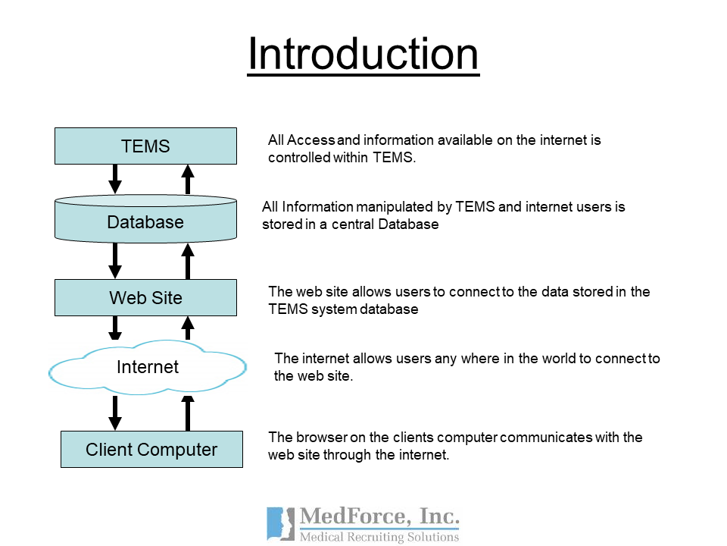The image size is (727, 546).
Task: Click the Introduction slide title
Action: [x=363, y=55]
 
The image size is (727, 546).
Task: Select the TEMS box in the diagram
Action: [x=145, y=146]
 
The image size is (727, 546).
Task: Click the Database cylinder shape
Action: [x=145, y=218]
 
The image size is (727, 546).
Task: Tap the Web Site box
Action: [x=145, y=297]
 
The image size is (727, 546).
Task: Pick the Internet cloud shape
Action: [x=148, y=367]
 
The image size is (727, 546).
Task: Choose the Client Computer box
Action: [x=151, y=449]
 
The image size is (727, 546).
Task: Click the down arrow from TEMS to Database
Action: [x=115, y=179]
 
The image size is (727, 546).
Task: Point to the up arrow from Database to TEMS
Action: [x=187, y=179]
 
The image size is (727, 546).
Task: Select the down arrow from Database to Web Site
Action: [x=115, y=260]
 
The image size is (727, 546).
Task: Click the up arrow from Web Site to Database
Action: [x=187, y=262]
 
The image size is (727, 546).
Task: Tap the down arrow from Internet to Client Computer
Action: [x=115, y=413]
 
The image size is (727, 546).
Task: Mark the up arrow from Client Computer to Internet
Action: [x=187, y=413]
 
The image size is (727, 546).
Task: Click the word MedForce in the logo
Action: [x=355, y=516]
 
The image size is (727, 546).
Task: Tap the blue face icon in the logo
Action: [x=280, y=524]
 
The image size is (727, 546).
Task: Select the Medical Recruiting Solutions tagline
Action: [x=379, y=537]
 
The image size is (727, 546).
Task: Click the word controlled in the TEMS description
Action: [x=299, y=158]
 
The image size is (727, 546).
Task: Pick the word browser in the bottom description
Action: [x=321, y=438]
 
